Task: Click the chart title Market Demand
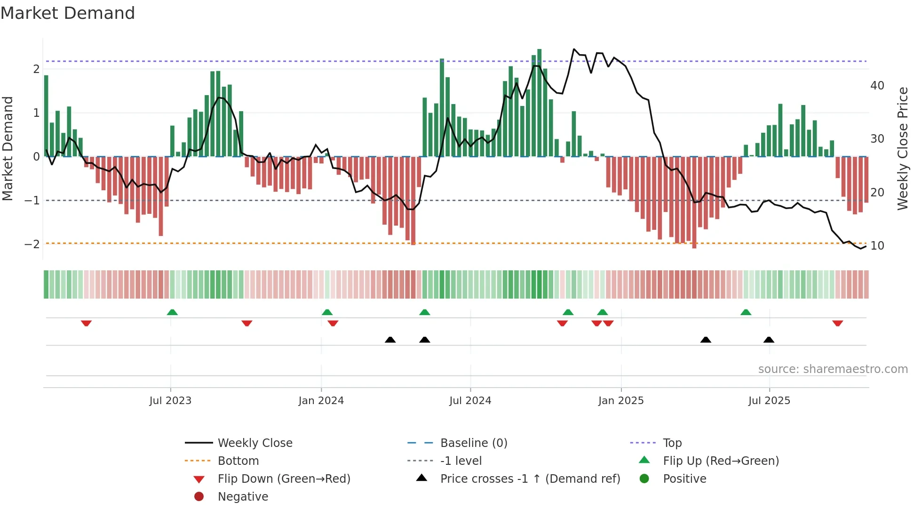coord(68,13)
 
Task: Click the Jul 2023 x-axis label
coord(170,401)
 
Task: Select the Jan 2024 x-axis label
coord(321,401)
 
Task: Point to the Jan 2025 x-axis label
coord(620,401)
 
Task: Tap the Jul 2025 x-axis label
coord(769,401)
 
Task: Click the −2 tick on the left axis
coord(32,244)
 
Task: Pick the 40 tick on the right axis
coord(877,86)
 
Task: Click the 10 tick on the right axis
coord(877,246)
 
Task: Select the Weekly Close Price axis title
coord(902,148)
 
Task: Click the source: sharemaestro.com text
coord(833,369)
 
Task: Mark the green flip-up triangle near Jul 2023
coord(172,312)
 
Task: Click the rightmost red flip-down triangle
coord(837,324)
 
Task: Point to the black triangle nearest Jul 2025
coord(769,340)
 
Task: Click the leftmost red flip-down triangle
coord(86,324)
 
